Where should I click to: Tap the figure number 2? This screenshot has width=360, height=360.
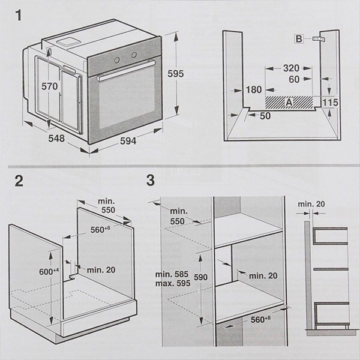click(x=19, y=180)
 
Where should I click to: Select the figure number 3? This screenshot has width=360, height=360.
click(x=150, y=179)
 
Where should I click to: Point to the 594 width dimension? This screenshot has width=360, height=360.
click(x=128, y=141)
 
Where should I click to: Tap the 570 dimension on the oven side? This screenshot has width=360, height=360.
click(x=49, y=86)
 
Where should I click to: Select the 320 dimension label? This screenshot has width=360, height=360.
click(x=291, y=68)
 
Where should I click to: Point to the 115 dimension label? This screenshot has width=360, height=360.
click(x=330, y=103)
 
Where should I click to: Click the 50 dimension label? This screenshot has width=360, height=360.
click(x=265, y=115)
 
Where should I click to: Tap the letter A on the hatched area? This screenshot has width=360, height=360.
click(x=289, y=103)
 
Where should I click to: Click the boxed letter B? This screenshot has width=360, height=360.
click(x=299, y=39)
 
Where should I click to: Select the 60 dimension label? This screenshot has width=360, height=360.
click(x=293, y=79)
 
